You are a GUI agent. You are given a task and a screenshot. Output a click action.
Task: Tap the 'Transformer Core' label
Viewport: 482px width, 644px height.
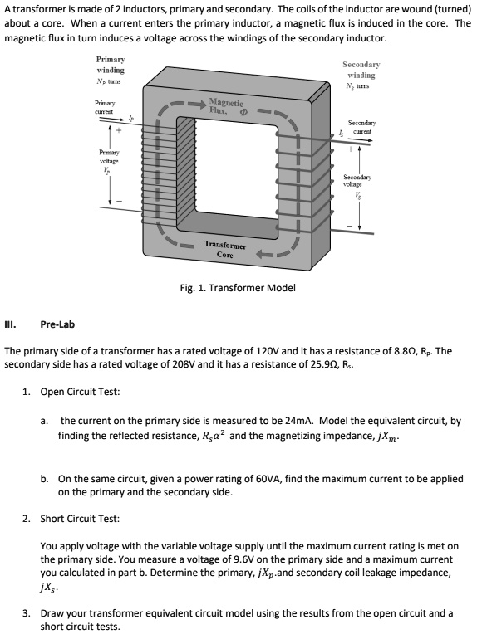click(224, 250)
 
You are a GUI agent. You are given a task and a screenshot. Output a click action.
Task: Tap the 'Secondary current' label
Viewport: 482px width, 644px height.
click(360, 126)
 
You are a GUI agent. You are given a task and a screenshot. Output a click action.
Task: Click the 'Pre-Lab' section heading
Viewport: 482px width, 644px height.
click(57, 326)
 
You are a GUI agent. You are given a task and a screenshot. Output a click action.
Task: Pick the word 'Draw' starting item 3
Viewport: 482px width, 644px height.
click(54, 613)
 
